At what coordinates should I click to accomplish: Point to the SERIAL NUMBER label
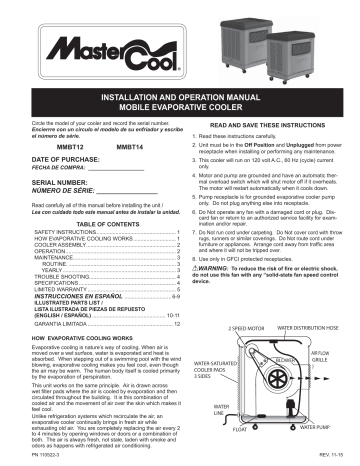pyautogui.click(x=41, y=181)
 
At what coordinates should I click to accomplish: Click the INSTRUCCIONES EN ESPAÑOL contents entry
pyautogui.click(x=65, y=297)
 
